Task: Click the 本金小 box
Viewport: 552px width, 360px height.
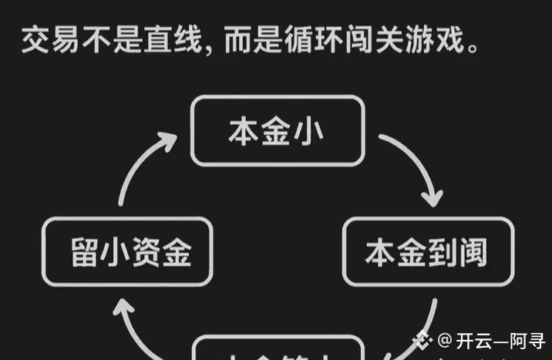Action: click(277, 130)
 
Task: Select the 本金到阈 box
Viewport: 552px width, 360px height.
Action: click(428, 251)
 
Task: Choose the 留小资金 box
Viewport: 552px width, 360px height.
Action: click(126, 251)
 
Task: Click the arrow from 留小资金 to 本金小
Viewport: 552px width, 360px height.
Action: click(143, 166)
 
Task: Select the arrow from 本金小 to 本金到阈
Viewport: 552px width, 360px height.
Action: click(413, 166)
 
